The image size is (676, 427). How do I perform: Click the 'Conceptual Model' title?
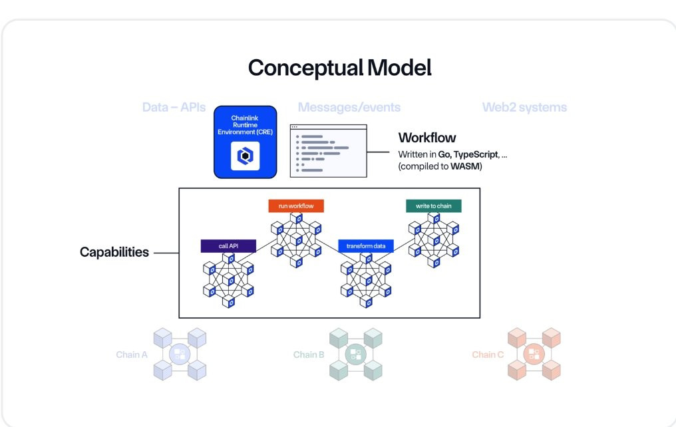click(x=340, y=68)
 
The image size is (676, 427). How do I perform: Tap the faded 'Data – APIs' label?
click(x=174, y=107)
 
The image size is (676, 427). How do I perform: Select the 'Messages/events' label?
click(x=349, y=107)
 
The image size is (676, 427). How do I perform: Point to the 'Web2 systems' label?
click(x=524, y=107)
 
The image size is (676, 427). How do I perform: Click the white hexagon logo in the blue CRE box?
click(x=246, y=156)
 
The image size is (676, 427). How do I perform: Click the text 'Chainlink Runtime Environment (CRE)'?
click(x=246, y=125)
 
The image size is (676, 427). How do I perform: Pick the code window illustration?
click(x=329, y=151)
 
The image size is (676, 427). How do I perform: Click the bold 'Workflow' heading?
click(x=426, y=138)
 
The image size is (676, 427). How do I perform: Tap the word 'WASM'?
click(x=465, y=166)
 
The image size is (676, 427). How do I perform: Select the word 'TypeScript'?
click(x=476, y=154)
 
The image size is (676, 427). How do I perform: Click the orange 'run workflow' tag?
click(x=295, y=206)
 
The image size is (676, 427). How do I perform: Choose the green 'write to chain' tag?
click(x=434, y=206)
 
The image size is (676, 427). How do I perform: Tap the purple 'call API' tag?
click(x=228, y=246)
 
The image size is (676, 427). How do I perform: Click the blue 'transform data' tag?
click(x=366, y=246)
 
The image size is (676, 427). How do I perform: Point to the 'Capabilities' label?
click(x=114, y=252)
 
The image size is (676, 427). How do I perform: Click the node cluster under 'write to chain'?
click(x=434, y=240)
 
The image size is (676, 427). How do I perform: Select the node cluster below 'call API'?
click(x=228, y=281)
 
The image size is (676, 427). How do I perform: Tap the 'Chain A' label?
click(x=132, y=355)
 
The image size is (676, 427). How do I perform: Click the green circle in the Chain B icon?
click(x=356, y=355)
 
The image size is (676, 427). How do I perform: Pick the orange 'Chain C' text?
click(x=488, y=355)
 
